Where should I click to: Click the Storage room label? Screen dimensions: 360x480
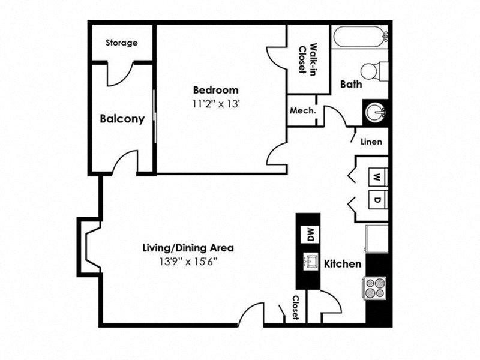click(x=122, y=43)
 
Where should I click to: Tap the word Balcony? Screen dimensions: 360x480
click(x=122, y=119)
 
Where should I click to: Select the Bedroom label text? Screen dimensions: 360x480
click(x=215, y=90)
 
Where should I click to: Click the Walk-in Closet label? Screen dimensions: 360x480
click(x=308, y=59)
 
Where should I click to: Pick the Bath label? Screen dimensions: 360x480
click(x=351, y=85)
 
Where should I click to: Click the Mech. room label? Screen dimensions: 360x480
click(x=303, y=111)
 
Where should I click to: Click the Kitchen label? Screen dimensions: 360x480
click(x=343, y=264)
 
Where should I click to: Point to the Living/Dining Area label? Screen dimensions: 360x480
click(x=188, y=247)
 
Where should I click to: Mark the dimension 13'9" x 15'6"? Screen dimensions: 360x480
click(x=188, y=261)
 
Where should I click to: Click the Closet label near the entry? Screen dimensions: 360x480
click(x=296, y=307)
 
